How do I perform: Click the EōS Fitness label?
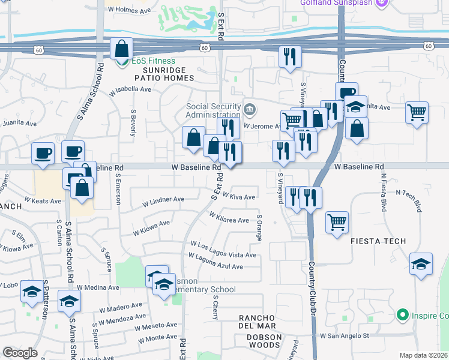pos(154,61)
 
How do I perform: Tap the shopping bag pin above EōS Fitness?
pos(121,48)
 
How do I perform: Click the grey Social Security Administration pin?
pos(250,110)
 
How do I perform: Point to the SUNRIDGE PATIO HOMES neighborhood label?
pos(159,74)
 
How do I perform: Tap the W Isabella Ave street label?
pos(130,89)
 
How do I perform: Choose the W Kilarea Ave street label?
pos(229,217)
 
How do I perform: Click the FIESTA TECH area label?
pos(378,241)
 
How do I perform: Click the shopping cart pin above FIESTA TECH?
pos(337,222)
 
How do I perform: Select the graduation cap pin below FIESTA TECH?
pos(421,263)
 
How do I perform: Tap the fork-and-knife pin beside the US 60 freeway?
pos(290,56)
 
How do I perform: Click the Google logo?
pos(19,353)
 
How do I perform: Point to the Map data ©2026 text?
pos(423,355)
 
